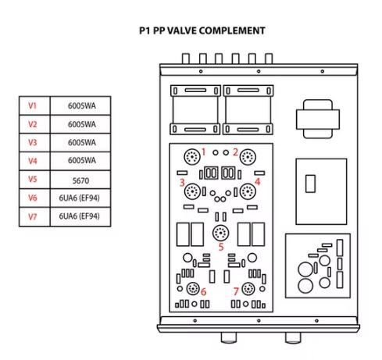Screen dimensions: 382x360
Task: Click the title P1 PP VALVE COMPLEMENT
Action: coord(202,30)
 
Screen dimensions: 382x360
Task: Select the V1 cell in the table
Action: coord(32,105)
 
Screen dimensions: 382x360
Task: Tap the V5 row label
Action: coord(32,180)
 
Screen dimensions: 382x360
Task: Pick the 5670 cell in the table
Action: coord(80,180)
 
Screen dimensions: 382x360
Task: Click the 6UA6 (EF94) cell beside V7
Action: coord(80,216)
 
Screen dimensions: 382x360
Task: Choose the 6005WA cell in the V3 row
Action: coord(82,142)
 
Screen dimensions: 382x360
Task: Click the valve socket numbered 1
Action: coord(192,157)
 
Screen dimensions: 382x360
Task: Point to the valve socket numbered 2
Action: coord(248,157)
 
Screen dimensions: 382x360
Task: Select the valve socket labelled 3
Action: coord(192,191)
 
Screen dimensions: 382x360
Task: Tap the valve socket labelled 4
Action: coord(248,191)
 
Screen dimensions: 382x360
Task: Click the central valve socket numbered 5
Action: coord(221,233)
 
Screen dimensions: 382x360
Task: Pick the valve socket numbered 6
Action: coord(193,288)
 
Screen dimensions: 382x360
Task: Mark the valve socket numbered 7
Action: coord(248,289)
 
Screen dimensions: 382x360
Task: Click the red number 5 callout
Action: coord(221,247)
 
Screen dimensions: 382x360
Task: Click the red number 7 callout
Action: coord(236,291)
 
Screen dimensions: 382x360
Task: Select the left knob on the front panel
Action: coord(229,337)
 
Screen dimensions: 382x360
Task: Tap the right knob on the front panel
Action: coord(293,337)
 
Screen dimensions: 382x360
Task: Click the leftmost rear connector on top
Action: coord(186,59)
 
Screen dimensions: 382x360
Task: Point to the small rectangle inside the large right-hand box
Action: coord(310,184)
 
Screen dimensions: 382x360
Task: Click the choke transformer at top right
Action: coord(318,119)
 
